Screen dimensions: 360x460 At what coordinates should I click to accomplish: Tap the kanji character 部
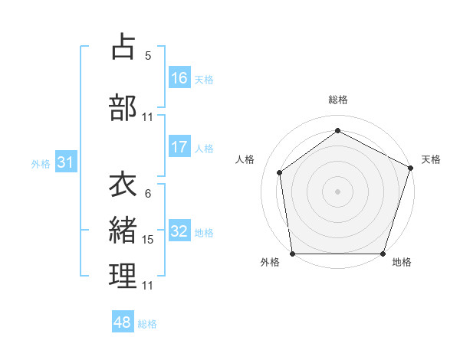click(x=123, y=107)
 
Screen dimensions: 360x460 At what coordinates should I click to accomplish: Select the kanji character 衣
click(x=123, y=185)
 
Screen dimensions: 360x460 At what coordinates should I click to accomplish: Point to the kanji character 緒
click(x=123, y=230)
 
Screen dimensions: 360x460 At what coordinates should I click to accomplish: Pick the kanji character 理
click(x=123, y=277)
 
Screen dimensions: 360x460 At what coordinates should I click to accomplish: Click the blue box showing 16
click(x=179, y=77)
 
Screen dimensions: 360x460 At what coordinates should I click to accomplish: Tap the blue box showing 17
click(x=179, y=147)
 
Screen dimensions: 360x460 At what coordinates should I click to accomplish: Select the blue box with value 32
click(x=179, y=231)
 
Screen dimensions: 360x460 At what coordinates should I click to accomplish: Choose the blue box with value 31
click(x=65, y=162)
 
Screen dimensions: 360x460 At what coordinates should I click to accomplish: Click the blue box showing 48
click(x=123, y=322)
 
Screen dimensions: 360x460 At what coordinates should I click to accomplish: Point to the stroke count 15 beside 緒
click(x=148, y=240)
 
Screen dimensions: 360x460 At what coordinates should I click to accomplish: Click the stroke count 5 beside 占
click(x=148, y=55)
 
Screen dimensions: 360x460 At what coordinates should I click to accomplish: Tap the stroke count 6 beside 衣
click(x=148, y=194)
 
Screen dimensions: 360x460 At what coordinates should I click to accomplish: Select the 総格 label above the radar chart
click(x=338, y=100)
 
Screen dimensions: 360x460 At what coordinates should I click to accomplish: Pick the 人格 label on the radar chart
click(x=245, y=159)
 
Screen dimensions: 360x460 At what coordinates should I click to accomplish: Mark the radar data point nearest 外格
click(x=292, y=254)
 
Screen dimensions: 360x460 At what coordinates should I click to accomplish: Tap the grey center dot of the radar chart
click(x=338, y=191)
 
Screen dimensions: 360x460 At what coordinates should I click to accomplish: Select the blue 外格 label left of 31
click(x=41, y=164)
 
